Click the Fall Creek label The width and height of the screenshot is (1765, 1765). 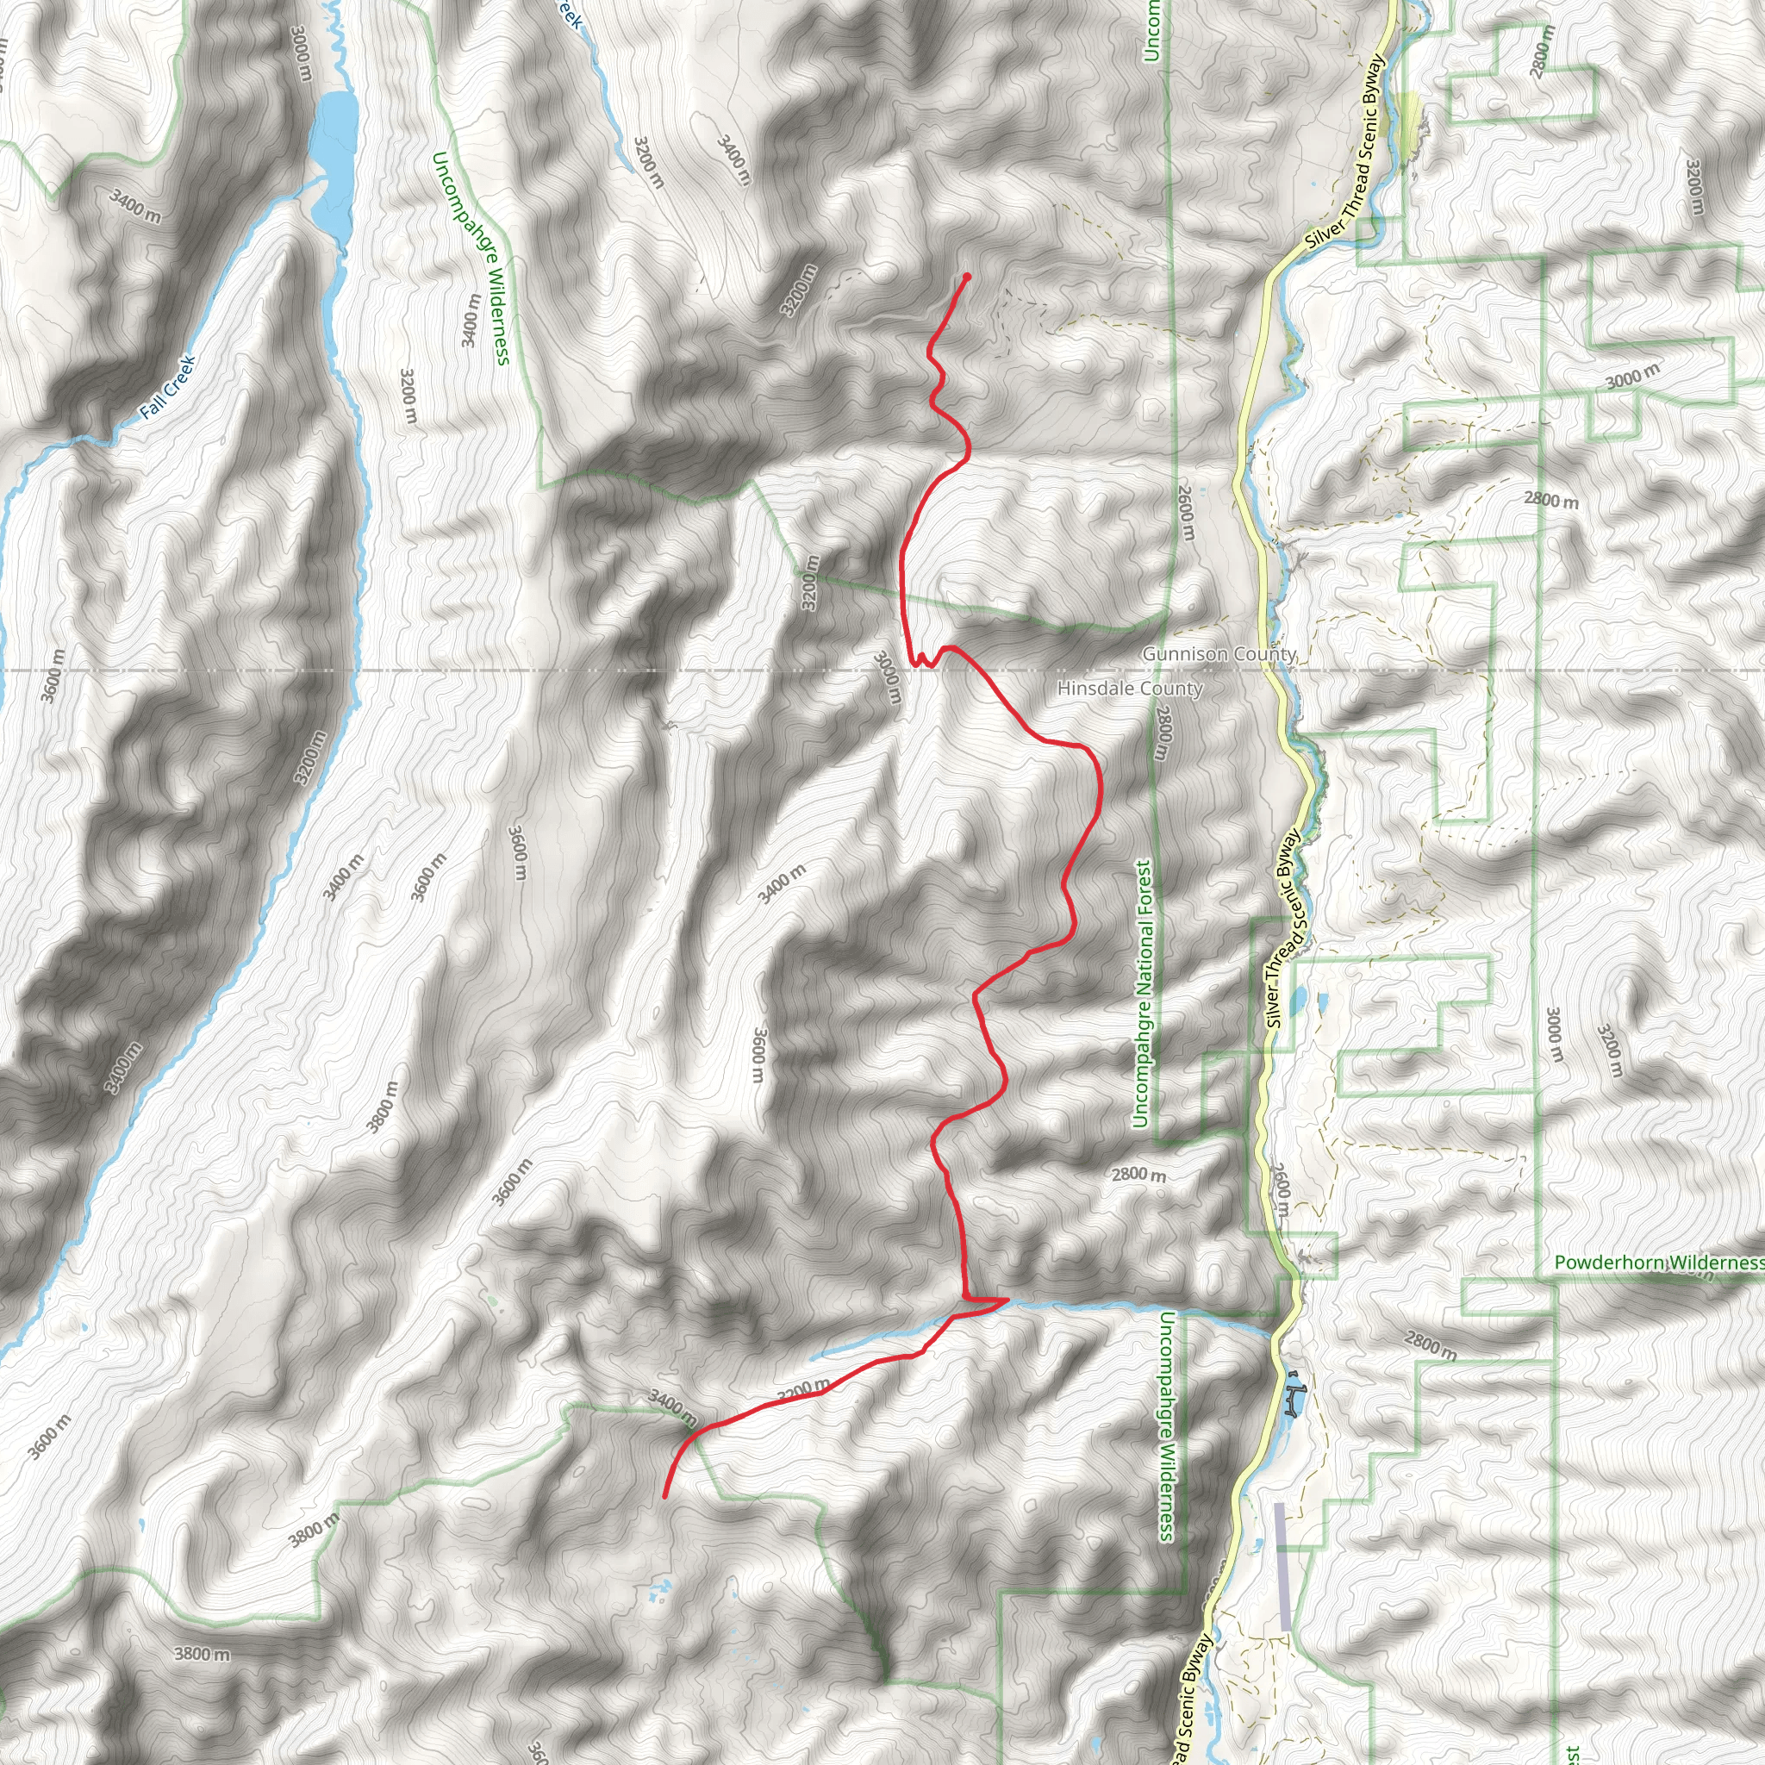pos(169,387)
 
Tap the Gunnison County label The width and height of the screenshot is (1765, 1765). pos(1219,654)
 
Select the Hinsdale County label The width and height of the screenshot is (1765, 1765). pos(1129,689)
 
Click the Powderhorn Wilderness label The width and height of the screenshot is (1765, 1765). pos(1659,1263)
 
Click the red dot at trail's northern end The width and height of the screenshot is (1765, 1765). pos(967,276)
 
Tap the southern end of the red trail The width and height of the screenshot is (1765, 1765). pos(664,1496)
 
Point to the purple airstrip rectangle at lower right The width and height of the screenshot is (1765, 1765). pos(1282,1567)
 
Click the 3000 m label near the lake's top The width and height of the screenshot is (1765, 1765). pos(302,52)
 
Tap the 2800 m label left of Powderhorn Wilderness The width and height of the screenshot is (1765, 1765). pos(1430,1343)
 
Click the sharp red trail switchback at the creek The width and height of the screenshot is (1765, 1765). pos(1006,1298)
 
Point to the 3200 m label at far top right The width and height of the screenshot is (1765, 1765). pos(1694,186)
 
